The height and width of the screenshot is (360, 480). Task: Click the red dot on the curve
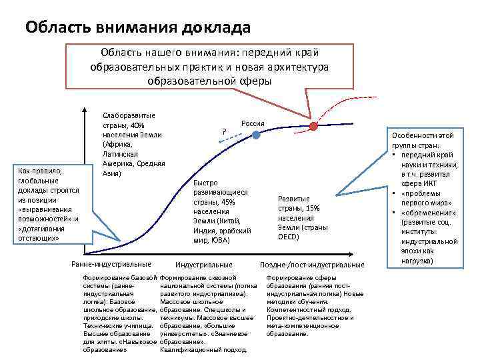(313, 125)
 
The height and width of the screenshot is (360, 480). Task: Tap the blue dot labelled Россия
(256, 135)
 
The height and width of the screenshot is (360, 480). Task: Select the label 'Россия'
(253, 123)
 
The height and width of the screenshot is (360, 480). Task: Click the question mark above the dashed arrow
(225, 131)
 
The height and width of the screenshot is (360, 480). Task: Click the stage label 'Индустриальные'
(203, 265)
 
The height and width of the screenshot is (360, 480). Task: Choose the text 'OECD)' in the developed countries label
(289, 237)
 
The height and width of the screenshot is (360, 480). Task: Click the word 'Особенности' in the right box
(413, 136)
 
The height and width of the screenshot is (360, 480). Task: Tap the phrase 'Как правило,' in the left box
(39, 171)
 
